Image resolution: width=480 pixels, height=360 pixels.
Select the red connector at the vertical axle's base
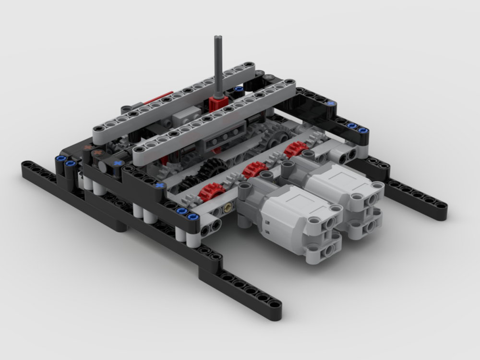(217, 103)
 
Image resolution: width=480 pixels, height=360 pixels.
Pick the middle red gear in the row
(254, 169)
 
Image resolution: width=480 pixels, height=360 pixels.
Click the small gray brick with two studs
(187, 113)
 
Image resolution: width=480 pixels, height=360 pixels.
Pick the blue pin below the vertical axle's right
(239, 89)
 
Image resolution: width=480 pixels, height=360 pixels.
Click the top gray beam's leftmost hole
(99, 129)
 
